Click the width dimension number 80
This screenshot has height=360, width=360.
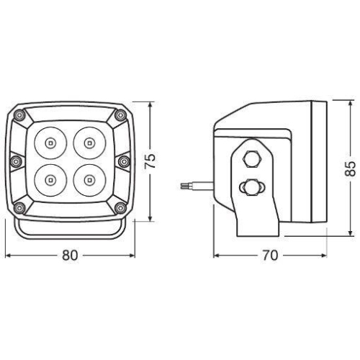pos(69,255)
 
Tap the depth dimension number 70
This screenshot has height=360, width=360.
pos(271,255)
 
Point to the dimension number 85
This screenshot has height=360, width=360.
pos(349,168)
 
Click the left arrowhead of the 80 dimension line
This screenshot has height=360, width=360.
pos(7,255)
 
